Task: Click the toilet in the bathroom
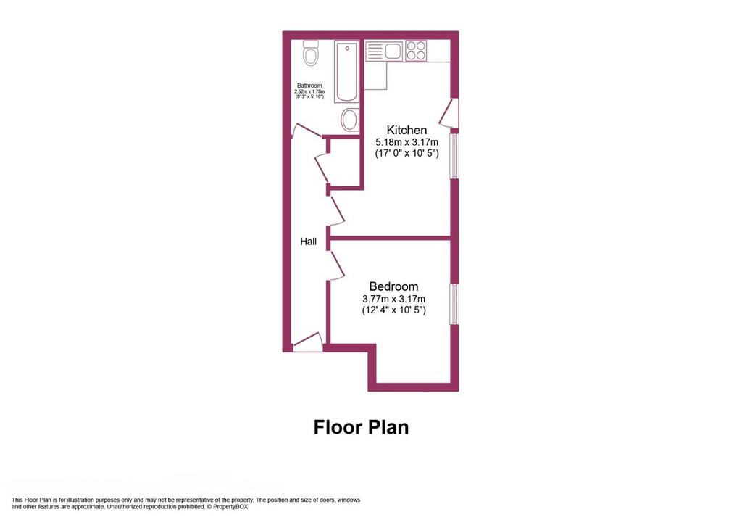pyautogui.click(x=311, y=52)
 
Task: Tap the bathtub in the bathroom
pyautogui.click(x=347, y=72)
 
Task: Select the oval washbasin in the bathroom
pyautogui.click(x=350, y=120)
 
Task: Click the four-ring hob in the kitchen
pyautogui.click(x=415, y=51)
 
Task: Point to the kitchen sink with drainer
pyautogui.click(x=384, y=51)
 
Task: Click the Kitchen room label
pyautogui.click(x=407, y=130)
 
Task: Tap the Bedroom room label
pyautogui.click(x=393, y=286)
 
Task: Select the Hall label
pyautogui.click(x=309, y=242)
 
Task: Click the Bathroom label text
pyautogui.click(x=309, y=86)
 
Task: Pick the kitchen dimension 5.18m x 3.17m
pyautogui.click(x=407, y=142)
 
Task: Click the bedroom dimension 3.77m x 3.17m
pyautogui.click(x=393, y=299)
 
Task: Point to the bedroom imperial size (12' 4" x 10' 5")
pyautogui.click(x=393, y=310)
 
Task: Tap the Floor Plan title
pyautogui.click(x=361, y=427)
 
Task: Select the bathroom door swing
pyautogui.click(x=306, y=131)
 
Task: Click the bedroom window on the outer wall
pyautogui.click(x=454, y=304)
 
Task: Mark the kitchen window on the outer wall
pyautogui.click(x=454, y=156)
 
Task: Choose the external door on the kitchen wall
pyautogui.click(x=449, y=112)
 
